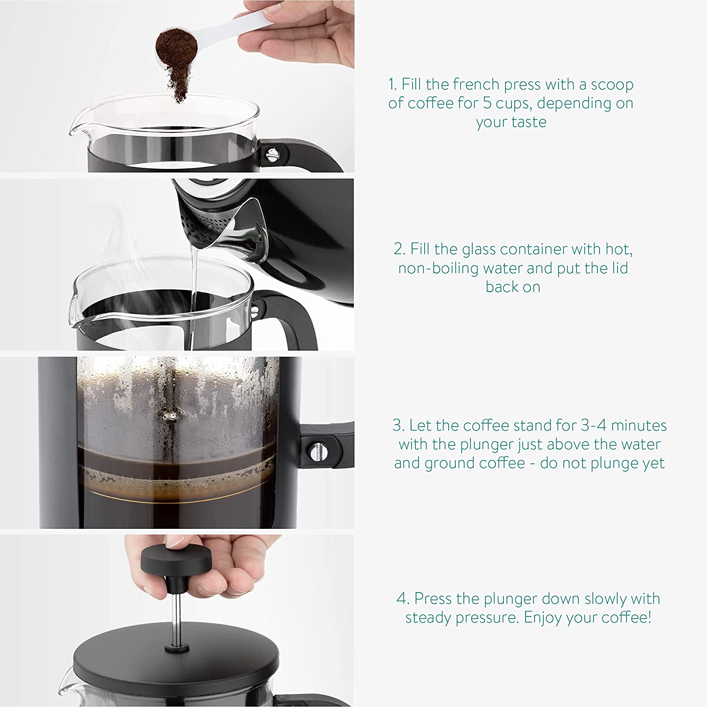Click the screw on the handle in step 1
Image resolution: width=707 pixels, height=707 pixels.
pos(272,154)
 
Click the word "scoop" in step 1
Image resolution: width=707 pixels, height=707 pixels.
pos(612,85)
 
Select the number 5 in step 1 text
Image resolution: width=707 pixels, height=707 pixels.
pos(488,103)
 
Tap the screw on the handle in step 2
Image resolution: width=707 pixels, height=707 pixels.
pos(255,310)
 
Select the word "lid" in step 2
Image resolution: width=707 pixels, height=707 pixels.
pos(619,268)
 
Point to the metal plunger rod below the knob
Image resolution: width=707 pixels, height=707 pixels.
pos(175,617)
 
